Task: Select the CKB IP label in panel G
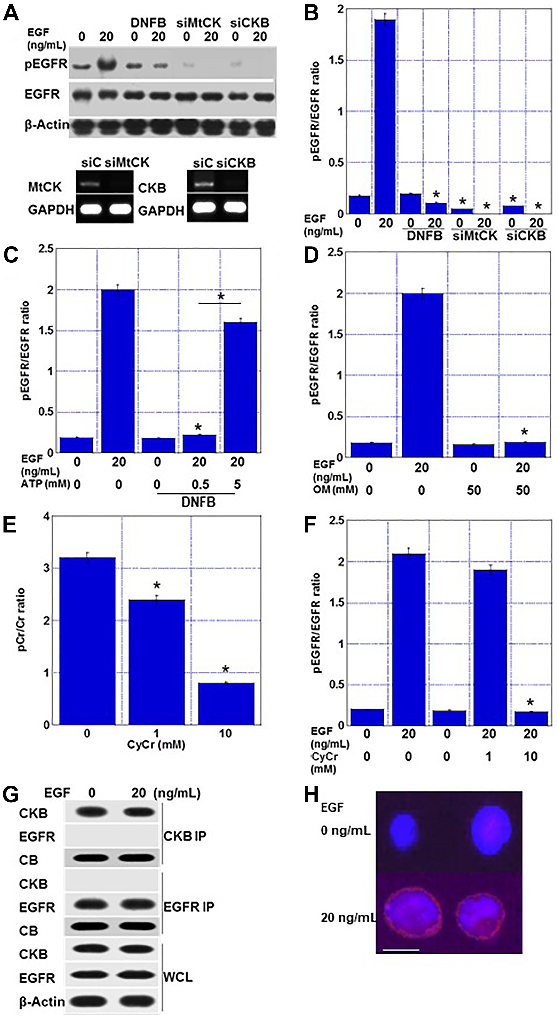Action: pos(184,836)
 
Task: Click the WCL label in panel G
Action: pos(178,977)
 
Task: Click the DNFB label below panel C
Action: pos(198,503)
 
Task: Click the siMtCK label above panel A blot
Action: pos(198,23)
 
